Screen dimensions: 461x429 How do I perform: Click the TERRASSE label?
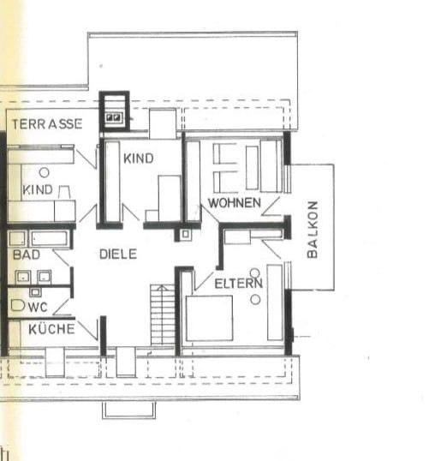tap(47, 123)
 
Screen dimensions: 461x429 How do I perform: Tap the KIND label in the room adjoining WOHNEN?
tap(138, 159)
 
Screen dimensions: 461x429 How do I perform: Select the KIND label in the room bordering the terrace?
tap(39, 189)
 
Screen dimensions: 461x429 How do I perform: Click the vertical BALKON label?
tap(313, 229)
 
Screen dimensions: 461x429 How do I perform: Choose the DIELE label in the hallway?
tap(118, 254)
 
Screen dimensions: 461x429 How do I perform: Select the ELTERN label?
tap(238, 283)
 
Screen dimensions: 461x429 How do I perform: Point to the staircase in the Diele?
tap(162, 315)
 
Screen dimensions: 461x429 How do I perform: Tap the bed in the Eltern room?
tap(211, 318)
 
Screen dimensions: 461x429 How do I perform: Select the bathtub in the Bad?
tap(41, 237)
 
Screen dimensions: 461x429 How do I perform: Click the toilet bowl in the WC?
tap(17, 304)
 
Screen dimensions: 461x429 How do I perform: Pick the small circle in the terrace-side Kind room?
tap(43, 172)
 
